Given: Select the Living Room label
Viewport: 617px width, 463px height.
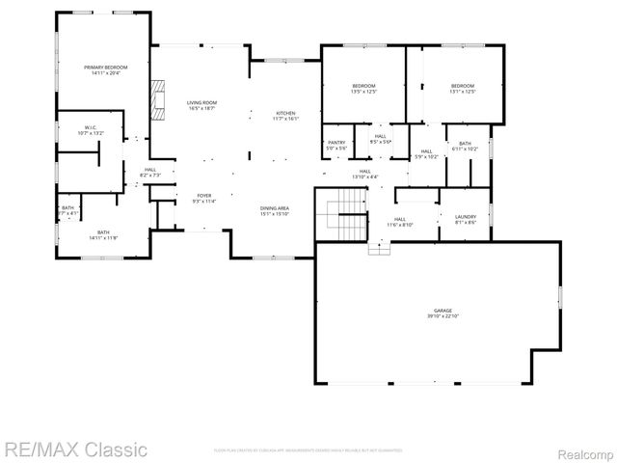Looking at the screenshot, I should pyautogui.click(x=201, y=105).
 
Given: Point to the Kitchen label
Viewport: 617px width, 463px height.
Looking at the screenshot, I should pyautogui.click(x=286, y=116).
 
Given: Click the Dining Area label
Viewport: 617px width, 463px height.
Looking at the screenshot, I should pyautogui.click(x=275, y=210).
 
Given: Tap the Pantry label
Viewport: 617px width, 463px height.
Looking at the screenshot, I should pyautogui.click(x=336, y=145).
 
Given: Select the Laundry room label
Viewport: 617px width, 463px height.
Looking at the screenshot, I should pyautogui.click(x=466, y=219).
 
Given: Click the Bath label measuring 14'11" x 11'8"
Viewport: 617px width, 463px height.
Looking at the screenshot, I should pyautogui.click(x=103, y=234).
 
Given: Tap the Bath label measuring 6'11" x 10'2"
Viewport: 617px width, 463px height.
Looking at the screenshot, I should pyautogui.click(x=465, y=146).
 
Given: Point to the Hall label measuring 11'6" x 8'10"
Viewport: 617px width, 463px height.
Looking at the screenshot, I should pyautogui.click(x=400, y=221).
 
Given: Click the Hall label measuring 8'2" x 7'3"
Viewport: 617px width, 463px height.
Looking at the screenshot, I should pyautogui.click(x=150, y=173).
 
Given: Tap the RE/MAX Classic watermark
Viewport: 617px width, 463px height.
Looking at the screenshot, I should pyautogui.click(x=75, y=449).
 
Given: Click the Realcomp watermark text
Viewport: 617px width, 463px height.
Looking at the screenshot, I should pyautogui.click(x=582, y=449).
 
